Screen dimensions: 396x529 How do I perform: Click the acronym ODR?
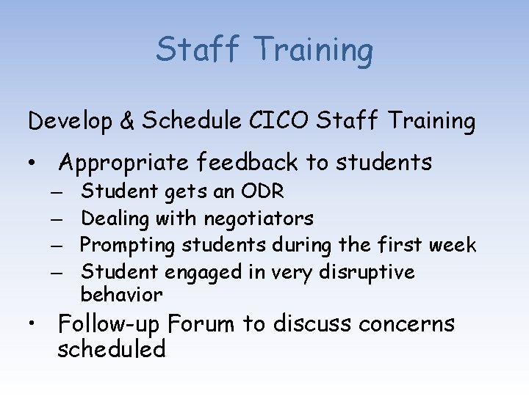(x=263, y=192)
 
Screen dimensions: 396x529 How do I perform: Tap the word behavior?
(x=121, y=295)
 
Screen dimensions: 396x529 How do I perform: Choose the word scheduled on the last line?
(x=112, y=350)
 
